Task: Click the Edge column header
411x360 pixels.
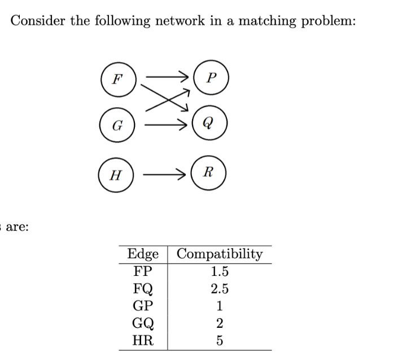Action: (143, 254)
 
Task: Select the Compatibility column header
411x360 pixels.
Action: (220, 254)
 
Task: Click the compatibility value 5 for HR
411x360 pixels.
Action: (220, 341)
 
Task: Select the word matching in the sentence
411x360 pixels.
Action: (268, 21)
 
